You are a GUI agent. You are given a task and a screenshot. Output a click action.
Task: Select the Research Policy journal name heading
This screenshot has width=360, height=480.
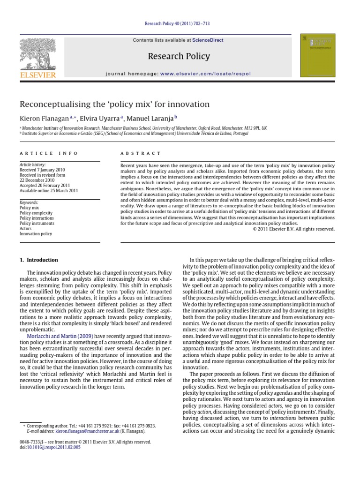pos(179,57)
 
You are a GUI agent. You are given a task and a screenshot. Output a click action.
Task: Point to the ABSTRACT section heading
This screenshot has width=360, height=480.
pos(141,153)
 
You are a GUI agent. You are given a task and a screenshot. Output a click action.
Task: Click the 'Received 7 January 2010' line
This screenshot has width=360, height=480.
pos(42,170)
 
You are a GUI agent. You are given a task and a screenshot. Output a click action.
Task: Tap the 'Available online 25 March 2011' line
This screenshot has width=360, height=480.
pos(48,191)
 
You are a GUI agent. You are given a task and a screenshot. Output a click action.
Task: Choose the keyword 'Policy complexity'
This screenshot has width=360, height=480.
pos(36,213)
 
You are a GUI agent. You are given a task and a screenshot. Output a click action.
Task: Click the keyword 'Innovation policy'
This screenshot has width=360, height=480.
pos(36,234)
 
